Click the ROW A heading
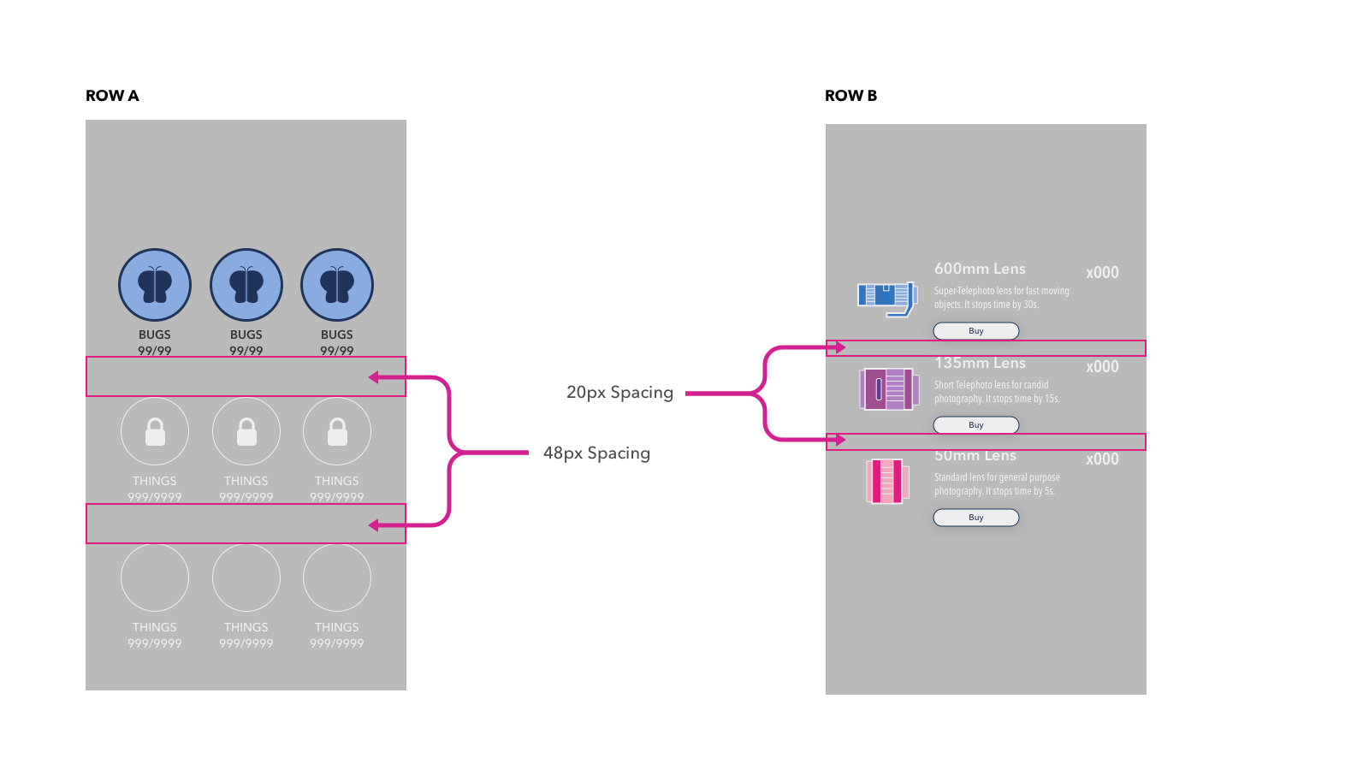click(112, 96)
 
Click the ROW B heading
click(850, 96)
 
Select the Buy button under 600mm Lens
click(975, 331)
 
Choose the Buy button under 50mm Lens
click(975, 518)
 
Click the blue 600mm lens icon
click(887, 298)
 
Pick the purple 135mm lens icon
click(889, 389)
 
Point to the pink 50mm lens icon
click(886, 481)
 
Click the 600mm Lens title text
click(980, 269)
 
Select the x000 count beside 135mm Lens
click(1102, 367)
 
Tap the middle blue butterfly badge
click(246, 285)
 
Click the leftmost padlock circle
click(155, 431)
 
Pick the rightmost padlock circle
click(337, 431)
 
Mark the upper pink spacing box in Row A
click(246, 376)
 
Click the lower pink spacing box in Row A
click(246, 524)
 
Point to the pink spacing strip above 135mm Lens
click(986, 348)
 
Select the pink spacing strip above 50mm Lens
click(986, 441)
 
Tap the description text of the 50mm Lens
click(997, 484)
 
